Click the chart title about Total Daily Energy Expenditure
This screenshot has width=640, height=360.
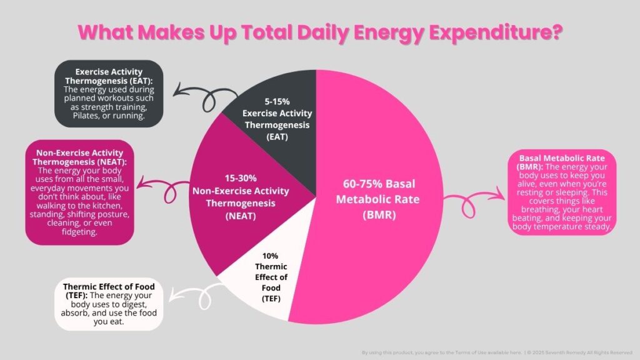(x=320, y=33)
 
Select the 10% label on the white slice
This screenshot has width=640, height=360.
(x=270, y=256)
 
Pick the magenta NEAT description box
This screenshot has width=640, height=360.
(x=79, y=192)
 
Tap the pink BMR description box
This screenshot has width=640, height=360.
(x=563, y=191)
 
